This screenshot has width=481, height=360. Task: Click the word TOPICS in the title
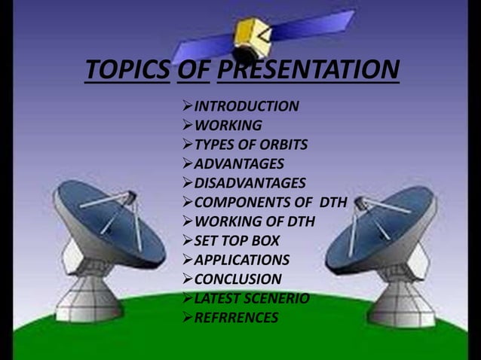127,72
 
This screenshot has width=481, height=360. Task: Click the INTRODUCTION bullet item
246,106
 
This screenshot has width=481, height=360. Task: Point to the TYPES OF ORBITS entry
250,145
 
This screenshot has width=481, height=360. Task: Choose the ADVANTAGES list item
239,164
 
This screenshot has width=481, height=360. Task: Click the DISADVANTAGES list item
250,183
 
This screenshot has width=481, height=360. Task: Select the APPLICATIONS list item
241,261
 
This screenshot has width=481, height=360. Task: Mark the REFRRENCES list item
236,318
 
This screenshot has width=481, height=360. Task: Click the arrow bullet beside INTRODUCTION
188,106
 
